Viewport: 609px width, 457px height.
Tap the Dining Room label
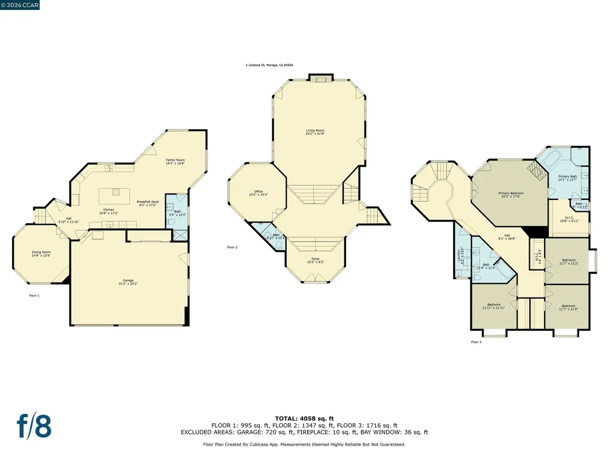click(x=41, y=253)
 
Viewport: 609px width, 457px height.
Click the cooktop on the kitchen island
click(x=115, y=192)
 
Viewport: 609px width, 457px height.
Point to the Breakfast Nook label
click(x=147, y=204)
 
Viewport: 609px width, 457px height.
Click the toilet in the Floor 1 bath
click(x=170, y=221)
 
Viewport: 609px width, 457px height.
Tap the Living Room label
click(x=315, y=132)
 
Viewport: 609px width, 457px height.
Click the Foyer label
click(x=315, y=260)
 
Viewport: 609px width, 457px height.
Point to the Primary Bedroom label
click(x=510, y=195)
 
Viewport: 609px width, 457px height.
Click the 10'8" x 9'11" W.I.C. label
click(x=564, y=219)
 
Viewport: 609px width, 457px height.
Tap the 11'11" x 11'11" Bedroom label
click(x=493, y=307)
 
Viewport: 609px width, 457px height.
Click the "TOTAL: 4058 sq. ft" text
click(x=304, y=418)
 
